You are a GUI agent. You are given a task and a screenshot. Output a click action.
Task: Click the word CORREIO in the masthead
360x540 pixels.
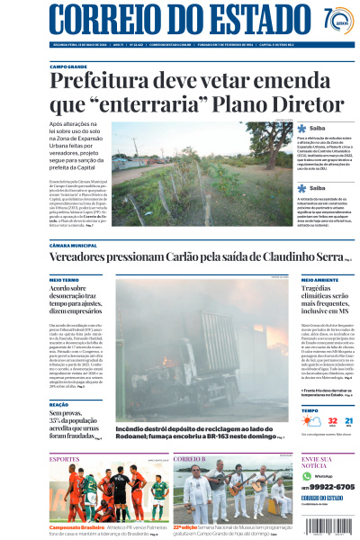100,20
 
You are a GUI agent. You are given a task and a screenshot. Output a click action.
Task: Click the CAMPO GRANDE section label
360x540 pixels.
68,67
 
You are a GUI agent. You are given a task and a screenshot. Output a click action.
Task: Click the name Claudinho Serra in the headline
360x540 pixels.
302,258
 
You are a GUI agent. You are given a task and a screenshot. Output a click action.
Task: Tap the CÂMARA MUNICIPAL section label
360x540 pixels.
74,246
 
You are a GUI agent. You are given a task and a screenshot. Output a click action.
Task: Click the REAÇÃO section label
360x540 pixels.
59,405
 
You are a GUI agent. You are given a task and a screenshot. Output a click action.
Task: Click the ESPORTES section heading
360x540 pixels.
66,459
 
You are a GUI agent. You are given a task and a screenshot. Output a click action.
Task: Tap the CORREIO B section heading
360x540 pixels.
190,459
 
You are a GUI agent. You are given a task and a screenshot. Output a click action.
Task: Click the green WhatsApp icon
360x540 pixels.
306,475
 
